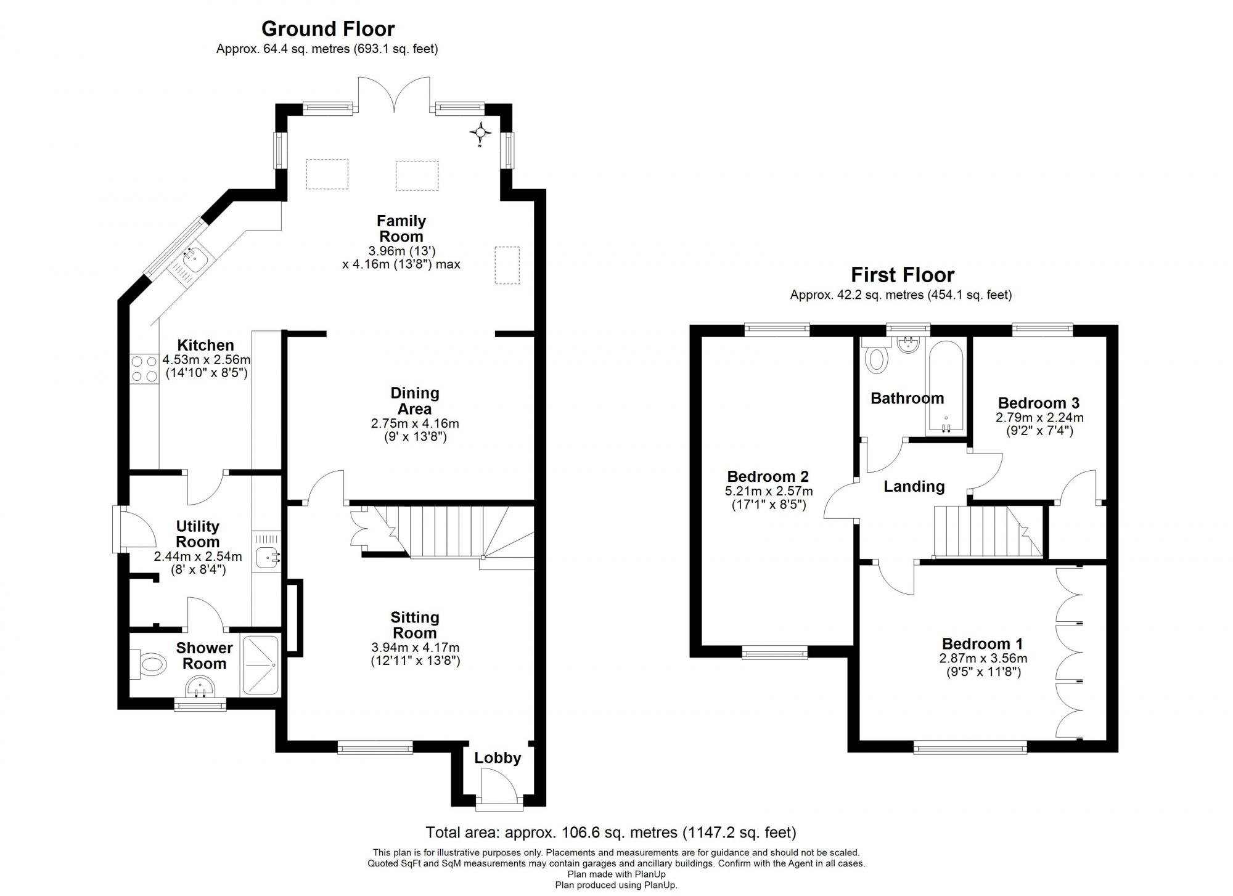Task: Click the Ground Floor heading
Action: coord(328,29)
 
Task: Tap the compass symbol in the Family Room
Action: coord(480,132)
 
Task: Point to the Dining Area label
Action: coord(415,401)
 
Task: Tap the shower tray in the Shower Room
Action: coord(261,666)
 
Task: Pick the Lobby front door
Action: coord(499,789)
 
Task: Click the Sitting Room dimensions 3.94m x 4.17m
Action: coord(415,648)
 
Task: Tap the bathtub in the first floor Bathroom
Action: coord(946,388)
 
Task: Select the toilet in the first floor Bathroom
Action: coord(877,359)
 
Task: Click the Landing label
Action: coord(914,487)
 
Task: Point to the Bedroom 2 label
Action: coord(768,476)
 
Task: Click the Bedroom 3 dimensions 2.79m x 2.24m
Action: coord(1039,417)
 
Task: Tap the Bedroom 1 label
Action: coord(982,644)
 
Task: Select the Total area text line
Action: coord(611,833)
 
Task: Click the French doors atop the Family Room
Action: coord(394,96)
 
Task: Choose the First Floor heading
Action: coord(902,275)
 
